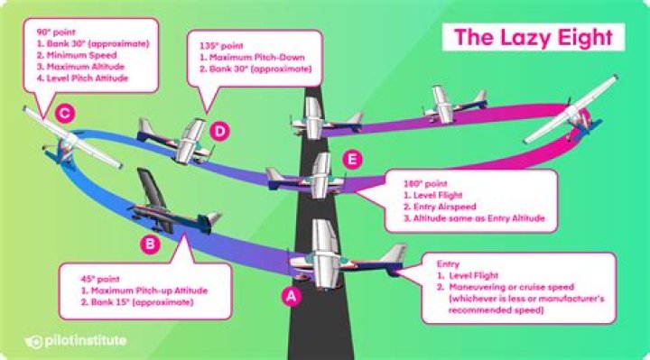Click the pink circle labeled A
tap(292, 296)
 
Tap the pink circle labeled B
tap(150, 244)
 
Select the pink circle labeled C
tap(65, 113)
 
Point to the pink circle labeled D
tap(219, 131)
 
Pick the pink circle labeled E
tap(352, 160)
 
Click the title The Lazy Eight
tap(534, 37)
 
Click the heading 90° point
tap(56, 32)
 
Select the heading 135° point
tap(221, 46)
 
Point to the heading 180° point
tap(425, 183)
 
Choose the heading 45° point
tap(100, 279)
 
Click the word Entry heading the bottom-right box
tap(448, 263)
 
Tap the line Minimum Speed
tap(77, 55)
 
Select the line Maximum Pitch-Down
tap(252, 57)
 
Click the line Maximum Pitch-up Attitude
tap(144, 291)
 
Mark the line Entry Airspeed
tap(440, 207)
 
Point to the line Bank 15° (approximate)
tap(137, 302)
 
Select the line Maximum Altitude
tap(80, 67)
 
